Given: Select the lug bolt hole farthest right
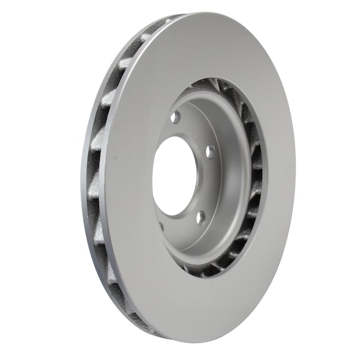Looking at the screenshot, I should click(209, 152).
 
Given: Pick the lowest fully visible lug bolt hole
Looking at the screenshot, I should click(200, 217).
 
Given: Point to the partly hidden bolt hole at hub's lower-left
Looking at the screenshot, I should click(161, 227).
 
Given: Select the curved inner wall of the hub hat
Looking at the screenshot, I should click(231, 180).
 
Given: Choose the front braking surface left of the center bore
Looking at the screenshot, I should click(129, 180).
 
